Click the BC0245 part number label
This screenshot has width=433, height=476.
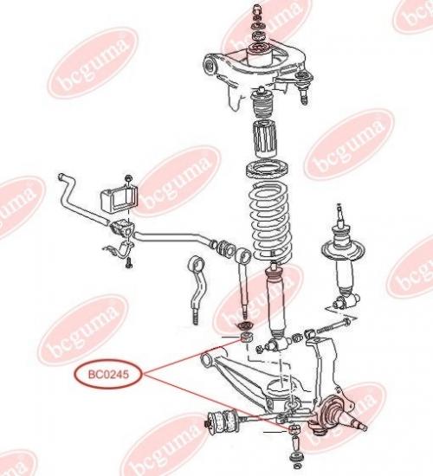point(108,374)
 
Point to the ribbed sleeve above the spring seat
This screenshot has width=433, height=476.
point(264,138)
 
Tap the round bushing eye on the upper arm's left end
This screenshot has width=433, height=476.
point(210,65)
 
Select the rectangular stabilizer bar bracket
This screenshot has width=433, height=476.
point(119,199)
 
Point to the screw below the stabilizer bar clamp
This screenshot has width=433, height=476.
point(128,263)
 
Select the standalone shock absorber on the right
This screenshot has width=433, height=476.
point(342,258)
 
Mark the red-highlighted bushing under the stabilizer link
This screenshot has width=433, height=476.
point(246,337)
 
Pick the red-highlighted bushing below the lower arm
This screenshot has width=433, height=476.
point(294,430)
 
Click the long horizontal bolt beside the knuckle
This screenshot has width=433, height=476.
point(333,325)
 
